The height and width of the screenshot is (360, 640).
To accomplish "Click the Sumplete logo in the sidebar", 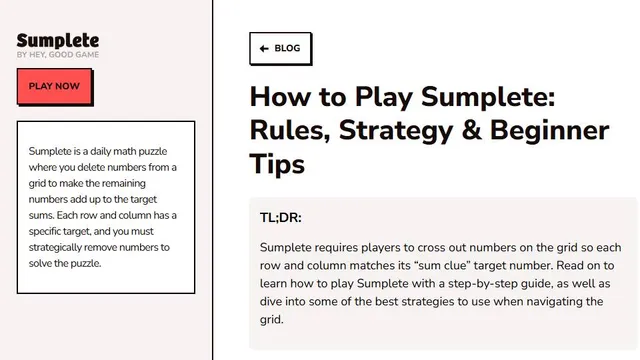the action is click(x=58, y=41).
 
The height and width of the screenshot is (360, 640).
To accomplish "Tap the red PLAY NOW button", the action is click(x=55, y=87).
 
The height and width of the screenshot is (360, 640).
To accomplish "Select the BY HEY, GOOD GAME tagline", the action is click(x=58, y=55).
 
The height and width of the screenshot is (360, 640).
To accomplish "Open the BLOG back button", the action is click(x=280, y=49).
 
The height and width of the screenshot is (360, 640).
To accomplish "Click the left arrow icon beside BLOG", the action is click(x=264, y=49).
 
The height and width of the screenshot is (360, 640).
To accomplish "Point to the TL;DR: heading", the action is click(x=281, y=218).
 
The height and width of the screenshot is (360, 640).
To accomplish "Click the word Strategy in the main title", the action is click(x=396, y=131).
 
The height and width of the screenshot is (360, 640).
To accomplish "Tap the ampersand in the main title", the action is click(x=471, y=131).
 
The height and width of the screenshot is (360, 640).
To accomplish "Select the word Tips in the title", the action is click(x=277, y=164).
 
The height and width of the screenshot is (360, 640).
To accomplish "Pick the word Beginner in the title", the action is click(x=549, y=131).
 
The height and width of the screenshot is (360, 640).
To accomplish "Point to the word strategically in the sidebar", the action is click(x=56, y=247).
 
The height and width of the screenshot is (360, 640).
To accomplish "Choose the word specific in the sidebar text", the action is click(x=43, y=231).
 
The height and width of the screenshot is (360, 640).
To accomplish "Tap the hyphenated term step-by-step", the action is click(x=477, y=284).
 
